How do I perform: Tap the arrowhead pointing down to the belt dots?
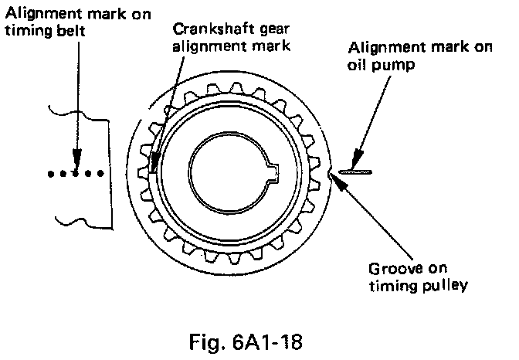coord(75,161)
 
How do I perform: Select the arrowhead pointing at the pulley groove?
coord(334,178)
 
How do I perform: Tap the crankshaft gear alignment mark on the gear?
coord(154,165)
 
